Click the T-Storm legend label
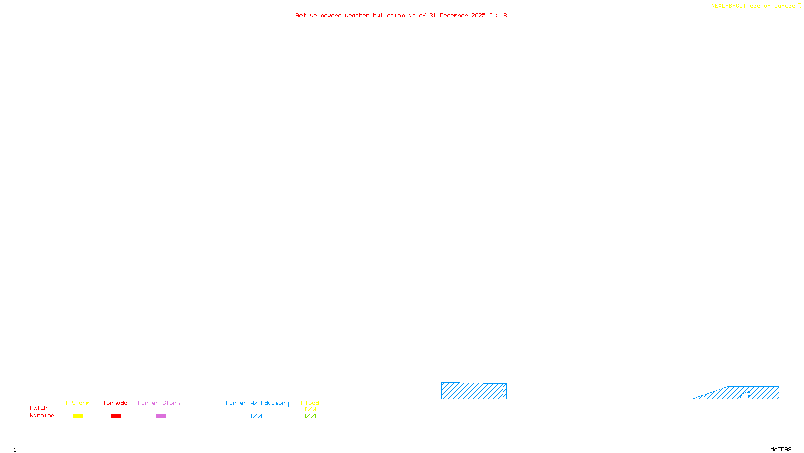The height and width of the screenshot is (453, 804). coord(77,403)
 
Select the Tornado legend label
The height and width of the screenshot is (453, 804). coord(115,403)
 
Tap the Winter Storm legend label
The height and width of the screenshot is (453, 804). coord(159,403)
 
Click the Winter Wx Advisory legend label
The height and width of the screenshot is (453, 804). coord(257,403)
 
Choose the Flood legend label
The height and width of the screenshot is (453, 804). coord(310,403)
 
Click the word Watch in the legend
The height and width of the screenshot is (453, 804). coord(39,408)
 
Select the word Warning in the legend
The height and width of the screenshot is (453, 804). coord(42,416)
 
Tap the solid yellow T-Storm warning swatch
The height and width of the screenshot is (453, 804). coord(78,416)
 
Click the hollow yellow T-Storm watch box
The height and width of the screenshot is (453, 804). coord(78,409)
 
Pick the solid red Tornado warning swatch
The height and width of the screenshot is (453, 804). coord(116,416)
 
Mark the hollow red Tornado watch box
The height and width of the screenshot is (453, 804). coord(116,409)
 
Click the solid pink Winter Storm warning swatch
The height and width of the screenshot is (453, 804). coord(161,416)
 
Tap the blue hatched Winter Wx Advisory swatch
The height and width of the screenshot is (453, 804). coord(256,416)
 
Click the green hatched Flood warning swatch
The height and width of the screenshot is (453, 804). coord(310,416)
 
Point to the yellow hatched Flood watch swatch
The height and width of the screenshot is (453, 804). coord(310,409)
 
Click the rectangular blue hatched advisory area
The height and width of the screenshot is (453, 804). coord(474,391)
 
